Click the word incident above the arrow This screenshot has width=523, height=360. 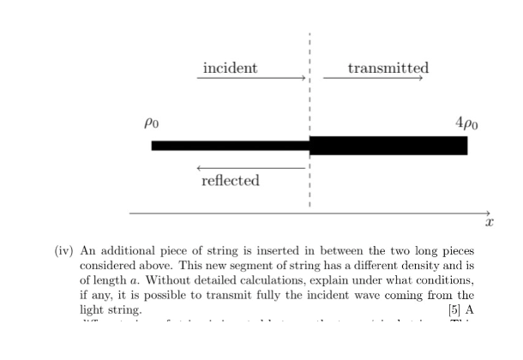coord(230,68)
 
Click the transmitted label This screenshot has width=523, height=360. coord(388,68)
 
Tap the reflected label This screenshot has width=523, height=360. coord(230,181)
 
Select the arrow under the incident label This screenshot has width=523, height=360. coord(251,79)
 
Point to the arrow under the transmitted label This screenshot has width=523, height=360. coord(374,79)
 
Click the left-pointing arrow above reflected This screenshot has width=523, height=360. coord(249,168)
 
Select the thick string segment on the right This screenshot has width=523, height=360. coord(388,145)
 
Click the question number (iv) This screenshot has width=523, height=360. coord(64,252)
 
